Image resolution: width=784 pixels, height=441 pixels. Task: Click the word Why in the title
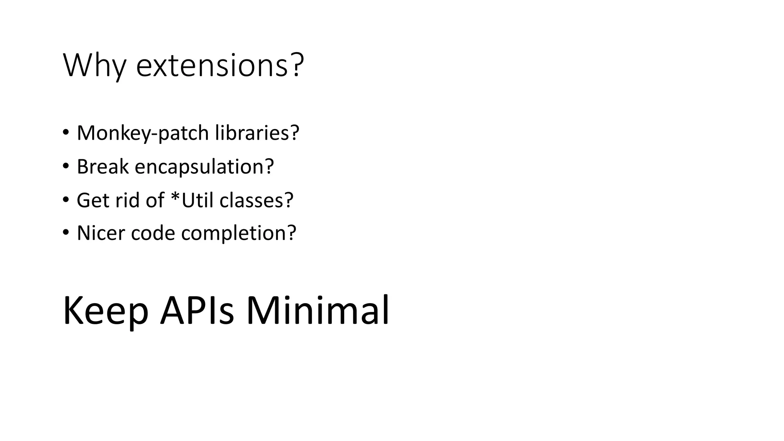coord(94,66)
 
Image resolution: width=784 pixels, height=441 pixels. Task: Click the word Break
coord(102,167)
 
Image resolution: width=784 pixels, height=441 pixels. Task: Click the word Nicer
coord(100,233)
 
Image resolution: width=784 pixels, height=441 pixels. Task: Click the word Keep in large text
coord(106,311)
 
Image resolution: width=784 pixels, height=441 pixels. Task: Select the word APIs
coord(197,311)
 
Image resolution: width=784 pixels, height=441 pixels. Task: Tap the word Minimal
coord(317,311)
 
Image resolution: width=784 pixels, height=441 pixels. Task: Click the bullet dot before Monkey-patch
coord(65,132)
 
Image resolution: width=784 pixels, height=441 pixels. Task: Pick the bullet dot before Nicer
coord(65,232)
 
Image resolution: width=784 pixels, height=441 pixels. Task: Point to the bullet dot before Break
coord(65,166)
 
